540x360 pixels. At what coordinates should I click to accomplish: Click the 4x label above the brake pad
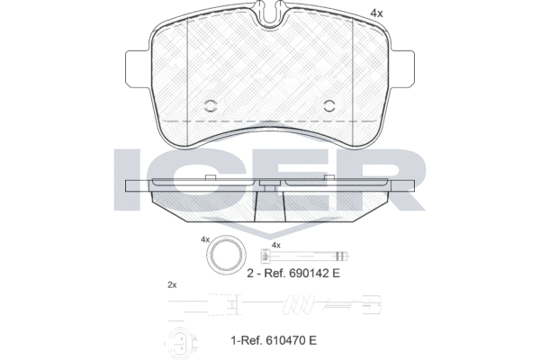point(376,13)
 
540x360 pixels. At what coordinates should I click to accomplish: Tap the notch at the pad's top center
point(270,13)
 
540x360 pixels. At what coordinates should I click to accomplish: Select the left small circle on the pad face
point(212,104)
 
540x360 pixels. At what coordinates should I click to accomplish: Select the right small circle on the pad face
point(328,104)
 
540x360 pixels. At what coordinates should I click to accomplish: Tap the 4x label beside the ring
point(204,239)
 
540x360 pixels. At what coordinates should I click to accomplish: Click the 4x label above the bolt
point(277,245)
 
